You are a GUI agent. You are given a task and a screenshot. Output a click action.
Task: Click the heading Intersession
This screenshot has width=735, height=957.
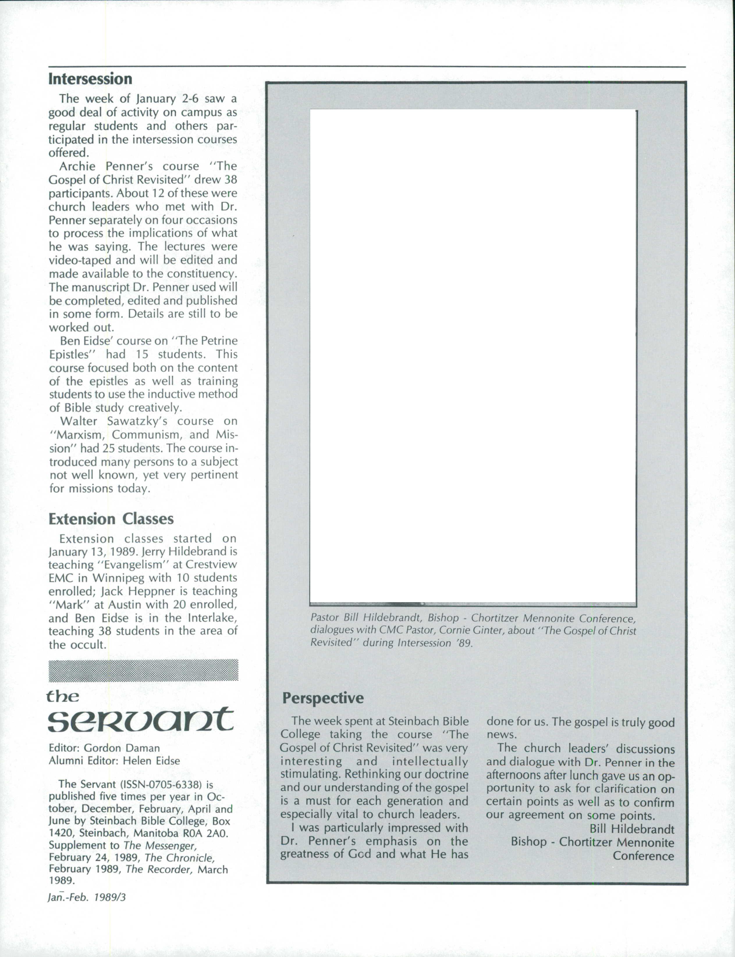click(x=90, y=79)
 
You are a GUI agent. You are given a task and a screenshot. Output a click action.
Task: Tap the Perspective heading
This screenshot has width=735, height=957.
click(x=323, y=698)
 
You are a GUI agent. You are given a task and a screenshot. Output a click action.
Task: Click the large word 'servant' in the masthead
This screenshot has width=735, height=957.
click(x=141, y=720)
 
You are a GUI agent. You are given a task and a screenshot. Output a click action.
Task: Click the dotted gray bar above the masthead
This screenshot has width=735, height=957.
click(x=143, y=670)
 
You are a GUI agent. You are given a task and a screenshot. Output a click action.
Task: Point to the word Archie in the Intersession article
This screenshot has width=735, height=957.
click(x=77, y=167)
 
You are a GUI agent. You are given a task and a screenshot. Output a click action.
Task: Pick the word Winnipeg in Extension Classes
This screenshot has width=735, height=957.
click(x=115, y=578)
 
